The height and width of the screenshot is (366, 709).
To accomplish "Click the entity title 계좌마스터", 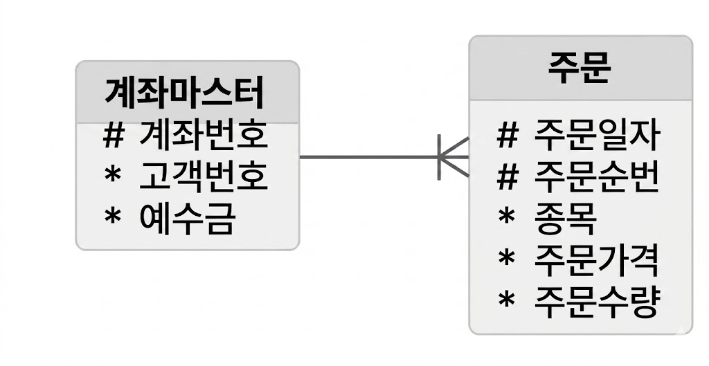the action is click(184, 93).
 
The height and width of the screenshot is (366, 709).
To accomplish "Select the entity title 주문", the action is click(580, 67).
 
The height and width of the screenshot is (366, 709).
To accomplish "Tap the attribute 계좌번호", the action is click(204, 136).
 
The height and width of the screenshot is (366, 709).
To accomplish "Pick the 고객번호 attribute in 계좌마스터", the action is click(204, 176).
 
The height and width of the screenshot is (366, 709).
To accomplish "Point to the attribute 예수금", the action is click(188, 218).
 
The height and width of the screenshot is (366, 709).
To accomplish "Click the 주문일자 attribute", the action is click(597, 136).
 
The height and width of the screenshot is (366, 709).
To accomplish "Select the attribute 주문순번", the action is click(597, 177).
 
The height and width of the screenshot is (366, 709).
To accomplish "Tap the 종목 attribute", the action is click(565, 219).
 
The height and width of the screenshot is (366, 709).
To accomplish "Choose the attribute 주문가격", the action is click(597, 260).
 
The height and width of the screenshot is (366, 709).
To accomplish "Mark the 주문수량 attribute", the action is click(597, 301).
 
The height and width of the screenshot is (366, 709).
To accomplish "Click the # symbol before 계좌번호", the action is click(113, 136).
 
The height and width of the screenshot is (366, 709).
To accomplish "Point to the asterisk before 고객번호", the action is click(113, 174).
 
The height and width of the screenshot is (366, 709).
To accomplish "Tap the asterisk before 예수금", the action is click(113, 216).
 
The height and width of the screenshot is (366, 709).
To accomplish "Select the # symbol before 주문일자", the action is click(507, 136).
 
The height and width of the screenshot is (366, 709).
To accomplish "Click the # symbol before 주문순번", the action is click(507, 177).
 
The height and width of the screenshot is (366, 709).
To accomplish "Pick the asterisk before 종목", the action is click(506, 217).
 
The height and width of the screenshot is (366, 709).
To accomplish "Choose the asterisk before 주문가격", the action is click(506, 258).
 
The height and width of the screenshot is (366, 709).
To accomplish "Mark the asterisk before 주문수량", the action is click(506, 299).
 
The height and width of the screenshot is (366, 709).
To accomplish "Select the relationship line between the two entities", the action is click(385, 157).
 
